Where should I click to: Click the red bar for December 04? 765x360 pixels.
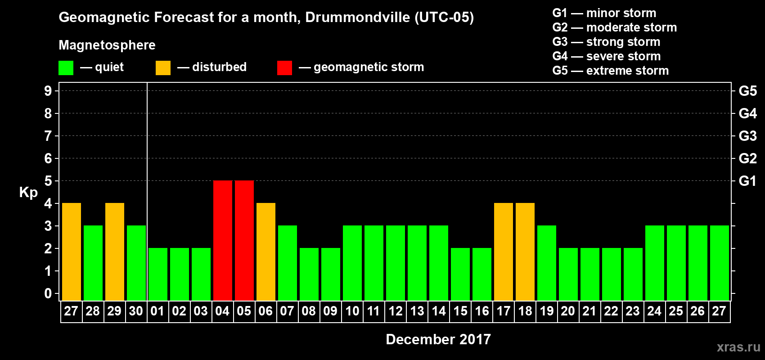point(223,240)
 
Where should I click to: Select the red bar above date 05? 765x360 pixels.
point(244,240)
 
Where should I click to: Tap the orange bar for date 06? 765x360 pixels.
point(266,252)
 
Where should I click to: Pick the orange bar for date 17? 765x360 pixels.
point(504,252)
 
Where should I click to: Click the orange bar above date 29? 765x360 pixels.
point(115,252)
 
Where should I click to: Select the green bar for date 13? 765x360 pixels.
point(417,263)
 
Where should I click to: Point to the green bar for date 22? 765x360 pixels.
point(612,274)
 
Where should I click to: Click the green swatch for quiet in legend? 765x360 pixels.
point(66,68)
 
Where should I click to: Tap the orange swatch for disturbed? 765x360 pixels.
point(163,68)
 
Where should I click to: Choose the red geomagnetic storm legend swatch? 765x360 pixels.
point(284,68)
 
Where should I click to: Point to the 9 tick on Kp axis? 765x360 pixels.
point(48,91)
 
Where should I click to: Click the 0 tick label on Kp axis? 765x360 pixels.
point(48,293)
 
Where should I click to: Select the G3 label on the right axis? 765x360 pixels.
point(747,136)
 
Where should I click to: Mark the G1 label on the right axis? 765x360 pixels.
point(747,181)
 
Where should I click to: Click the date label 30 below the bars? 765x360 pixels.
point(136,311)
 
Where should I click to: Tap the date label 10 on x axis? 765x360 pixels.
point(352,311)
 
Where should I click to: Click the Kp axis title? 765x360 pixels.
point(28,193)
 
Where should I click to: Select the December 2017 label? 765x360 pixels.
point(438,339)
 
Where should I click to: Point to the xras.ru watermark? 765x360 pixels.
point(738,347)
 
